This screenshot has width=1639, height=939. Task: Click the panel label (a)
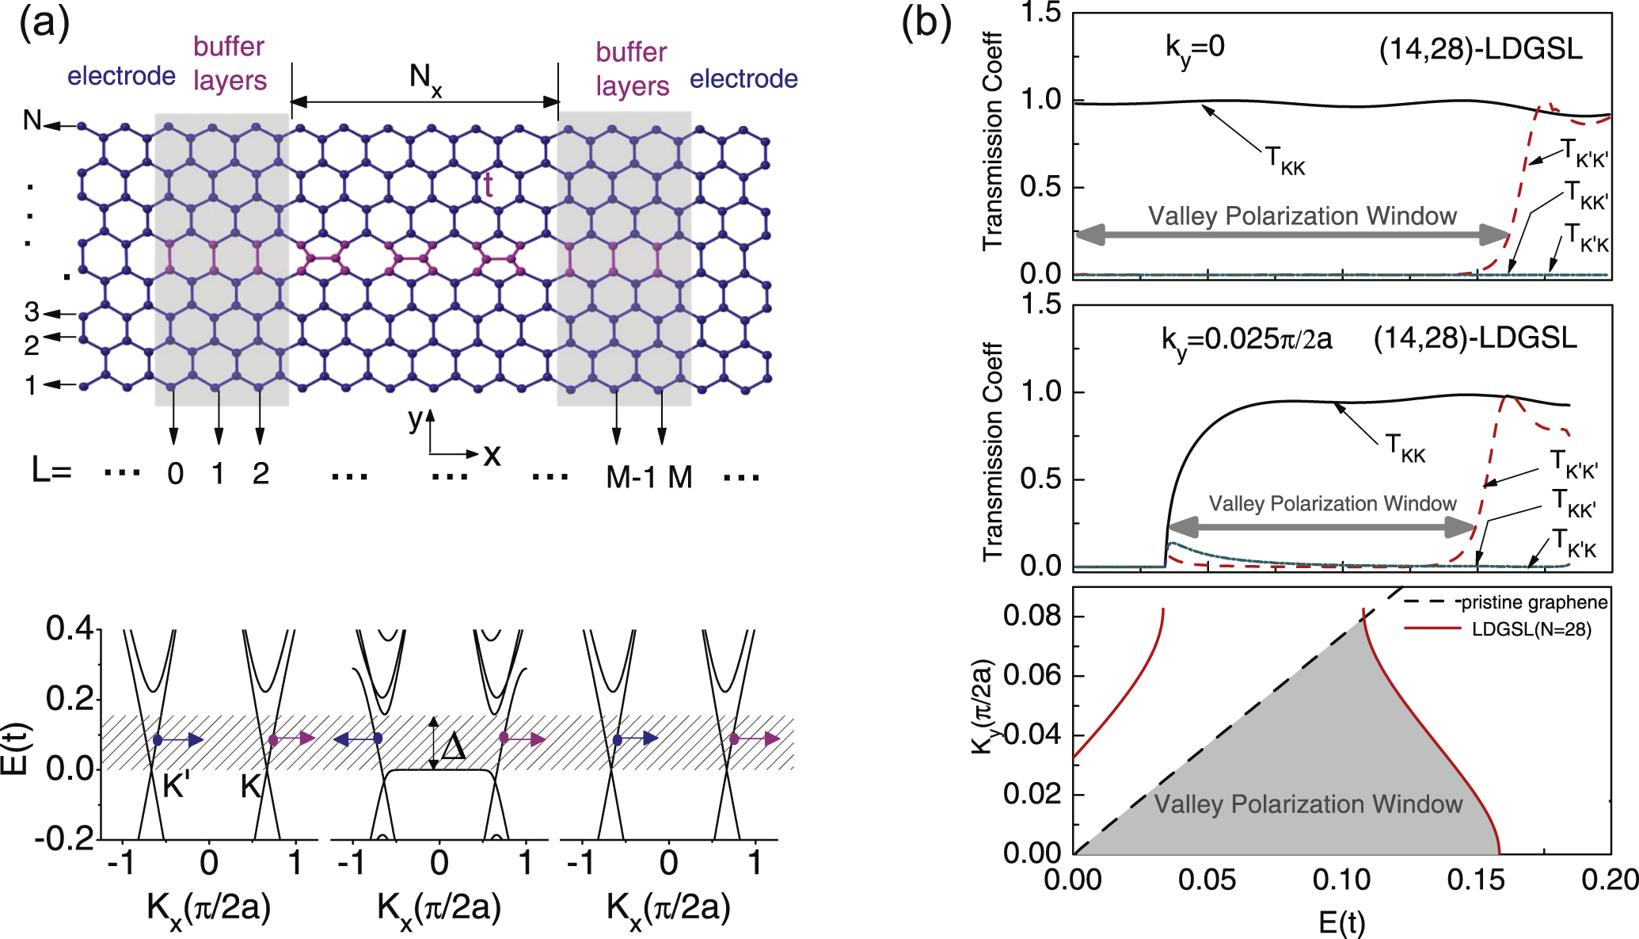pyautogui.click(x=44, y=24)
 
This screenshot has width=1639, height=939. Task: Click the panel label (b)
pyautogui.click(x=926, y=24)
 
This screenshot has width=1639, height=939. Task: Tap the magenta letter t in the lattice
pyautogui.click(x=489, y=185)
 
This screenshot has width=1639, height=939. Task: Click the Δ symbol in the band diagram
pyautogui.click(x=453, y=746)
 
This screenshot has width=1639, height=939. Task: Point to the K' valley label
pyautogui.click(x=176, y=786)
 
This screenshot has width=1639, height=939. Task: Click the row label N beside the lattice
pyautogui.click(x=32, y=120)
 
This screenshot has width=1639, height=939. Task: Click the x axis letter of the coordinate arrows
pyautogui.click(x=492, y=455)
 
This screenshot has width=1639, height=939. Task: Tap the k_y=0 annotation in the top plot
pyautogui.click(x=1195, y=48)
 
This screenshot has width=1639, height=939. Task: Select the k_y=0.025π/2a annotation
pyautogui.click(x=1246, y=340)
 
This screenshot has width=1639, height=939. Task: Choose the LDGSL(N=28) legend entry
pyautogui.click(x=1531, y=629)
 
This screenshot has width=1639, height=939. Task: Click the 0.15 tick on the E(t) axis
pyautogui.click(x=1475, y=880)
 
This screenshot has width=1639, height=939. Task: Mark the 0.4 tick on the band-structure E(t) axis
pyautogui.click(x=70, y=628)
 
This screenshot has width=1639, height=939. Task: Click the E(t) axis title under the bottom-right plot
pyautogui.click(x=1341, y=922)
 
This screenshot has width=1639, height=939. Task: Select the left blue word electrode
pyautogui.click(x=121, y=76)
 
